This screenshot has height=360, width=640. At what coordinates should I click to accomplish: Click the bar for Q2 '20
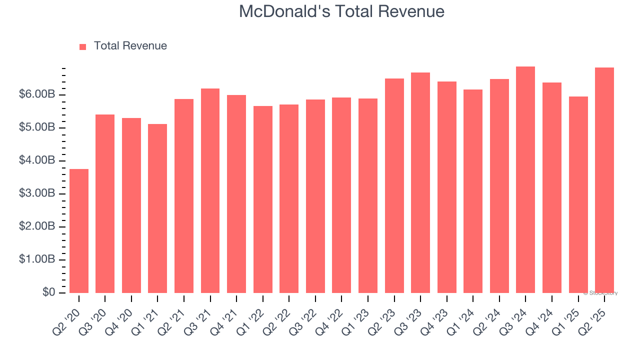[x=79, y=231]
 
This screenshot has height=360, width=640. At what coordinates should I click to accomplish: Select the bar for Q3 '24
[x=525, y=180]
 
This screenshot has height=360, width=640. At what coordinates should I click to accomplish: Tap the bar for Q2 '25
[x=604, y=180]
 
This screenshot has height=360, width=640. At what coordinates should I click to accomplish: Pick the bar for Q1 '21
[x=157, y=208]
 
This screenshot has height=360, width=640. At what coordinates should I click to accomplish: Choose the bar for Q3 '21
[x=210, y=191]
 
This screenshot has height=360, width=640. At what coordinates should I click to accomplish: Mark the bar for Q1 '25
[x=578, y=195]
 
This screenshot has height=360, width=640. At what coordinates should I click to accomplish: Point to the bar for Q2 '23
[x=394, y=186]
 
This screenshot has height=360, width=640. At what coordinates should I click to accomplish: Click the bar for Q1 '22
[x=263, y=199]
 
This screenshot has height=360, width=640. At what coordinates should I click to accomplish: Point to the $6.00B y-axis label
[x=37, y=95]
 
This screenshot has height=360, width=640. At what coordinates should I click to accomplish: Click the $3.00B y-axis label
[x=37, y=194]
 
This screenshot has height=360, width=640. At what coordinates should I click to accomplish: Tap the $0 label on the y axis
[x=48, y=292]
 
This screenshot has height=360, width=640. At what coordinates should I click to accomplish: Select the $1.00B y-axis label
[x=37, y=260]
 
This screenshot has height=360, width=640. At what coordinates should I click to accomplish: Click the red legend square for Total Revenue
[x=83, y=46]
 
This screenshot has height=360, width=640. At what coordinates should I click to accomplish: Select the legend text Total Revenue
[x=130, y=46]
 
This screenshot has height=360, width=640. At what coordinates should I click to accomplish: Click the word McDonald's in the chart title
[x=284, y=11]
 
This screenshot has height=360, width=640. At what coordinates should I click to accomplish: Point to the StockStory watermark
[x=600, y=293]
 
